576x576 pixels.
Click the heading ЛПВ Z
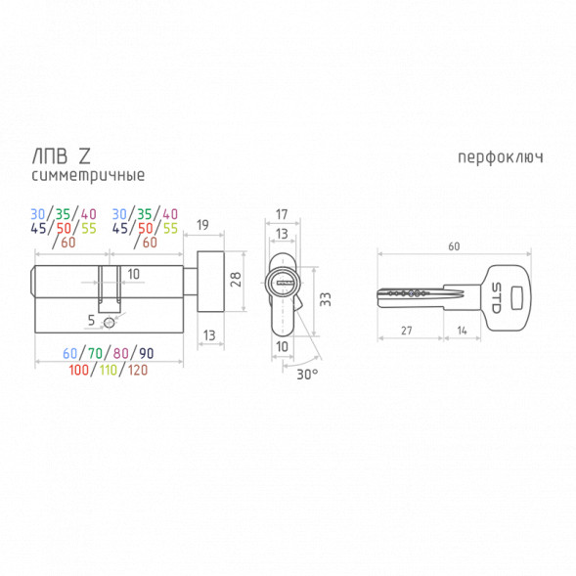(x=61, y=156)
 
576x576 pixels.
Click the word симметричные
(x=88, y=175)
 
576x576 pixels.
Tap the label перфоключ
(x=501, y=157)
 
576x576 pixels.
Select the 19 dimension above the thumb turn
(x=202, y=225)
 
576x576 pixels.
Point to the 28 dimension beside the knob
(x=236, y=279)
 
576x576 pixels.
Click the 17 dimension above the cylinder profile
(x=282, y=214)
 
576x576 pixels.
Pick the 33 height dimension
(x=325, y=299)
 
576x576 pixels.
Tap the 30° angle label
(x=307, y=375)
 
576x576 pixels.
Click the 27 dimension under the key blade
(x=407, y=331)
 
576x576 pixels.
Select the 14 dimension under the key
(x=462, y=331)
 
